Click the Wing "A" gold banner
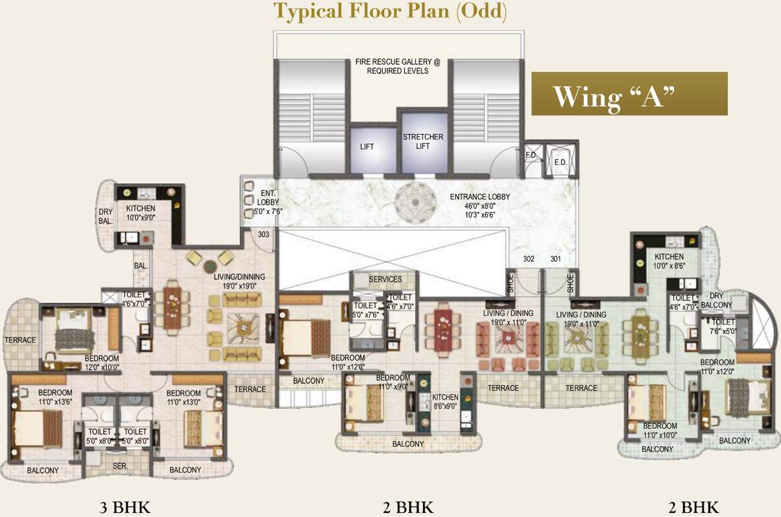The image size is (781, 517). (629, 94)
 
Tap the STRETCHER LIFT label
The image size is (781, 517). (422, 141)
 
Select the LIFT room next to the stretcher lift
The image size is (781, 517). (367, 146)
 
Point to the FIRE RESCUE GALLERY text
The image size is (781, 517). (398, 66)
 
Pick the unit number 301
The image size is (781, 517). (556, 258)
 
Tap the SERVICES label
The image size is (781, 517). (385, 279)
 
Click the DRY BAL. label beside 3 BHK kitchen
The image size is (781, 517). (106, 215)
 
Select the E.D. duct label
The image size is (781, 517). (560, 162)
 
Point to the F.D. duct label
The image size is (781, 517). (531, 155)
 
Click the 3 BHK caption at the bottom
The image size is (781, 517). (124, 507)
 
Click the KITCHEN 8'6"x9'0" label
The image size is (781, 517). (445, 402)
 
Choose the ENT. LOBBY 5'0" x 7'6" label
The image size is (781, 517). (258, 202)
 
